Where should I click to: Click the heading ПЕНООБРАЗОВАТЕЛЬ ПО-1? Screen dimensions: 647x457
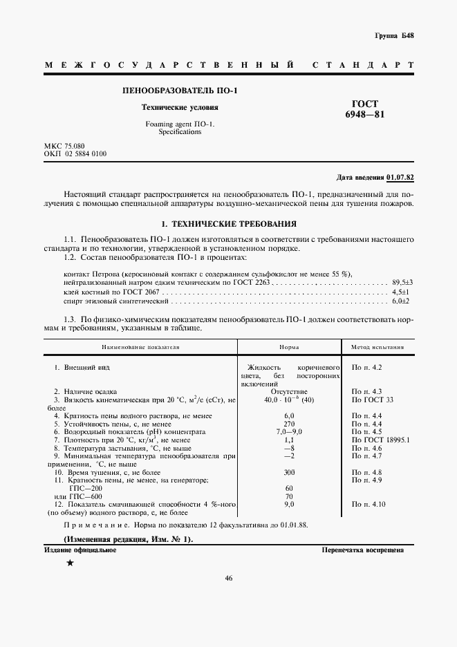click(180, 91)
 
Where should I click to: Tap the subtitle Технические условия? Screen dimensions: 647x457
click(180, 108)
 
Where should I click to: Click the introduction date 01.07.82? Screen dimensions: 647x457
click(400, 177)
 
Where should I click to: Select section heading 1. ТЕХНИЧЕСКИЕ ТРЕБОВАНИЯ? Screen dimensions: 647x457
click(229, 224)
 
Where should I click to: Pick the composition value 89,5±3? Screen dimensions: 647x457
click(402, 283)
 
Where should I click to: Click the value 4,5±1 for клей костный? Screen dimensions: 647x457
click(402, 292)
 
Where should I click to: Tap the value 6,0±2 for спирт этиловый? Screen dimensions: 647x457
click(402, 302)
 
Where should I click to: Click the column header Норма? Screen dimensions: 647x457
click(289, 348)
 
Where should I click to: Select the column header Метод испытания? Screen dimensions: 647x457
click(378, 348)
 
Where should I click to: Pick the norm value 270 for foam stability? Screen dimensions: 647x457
click(289, 423)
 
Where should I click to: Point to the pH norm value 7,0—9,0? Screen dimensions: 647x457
click(289, 431)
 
